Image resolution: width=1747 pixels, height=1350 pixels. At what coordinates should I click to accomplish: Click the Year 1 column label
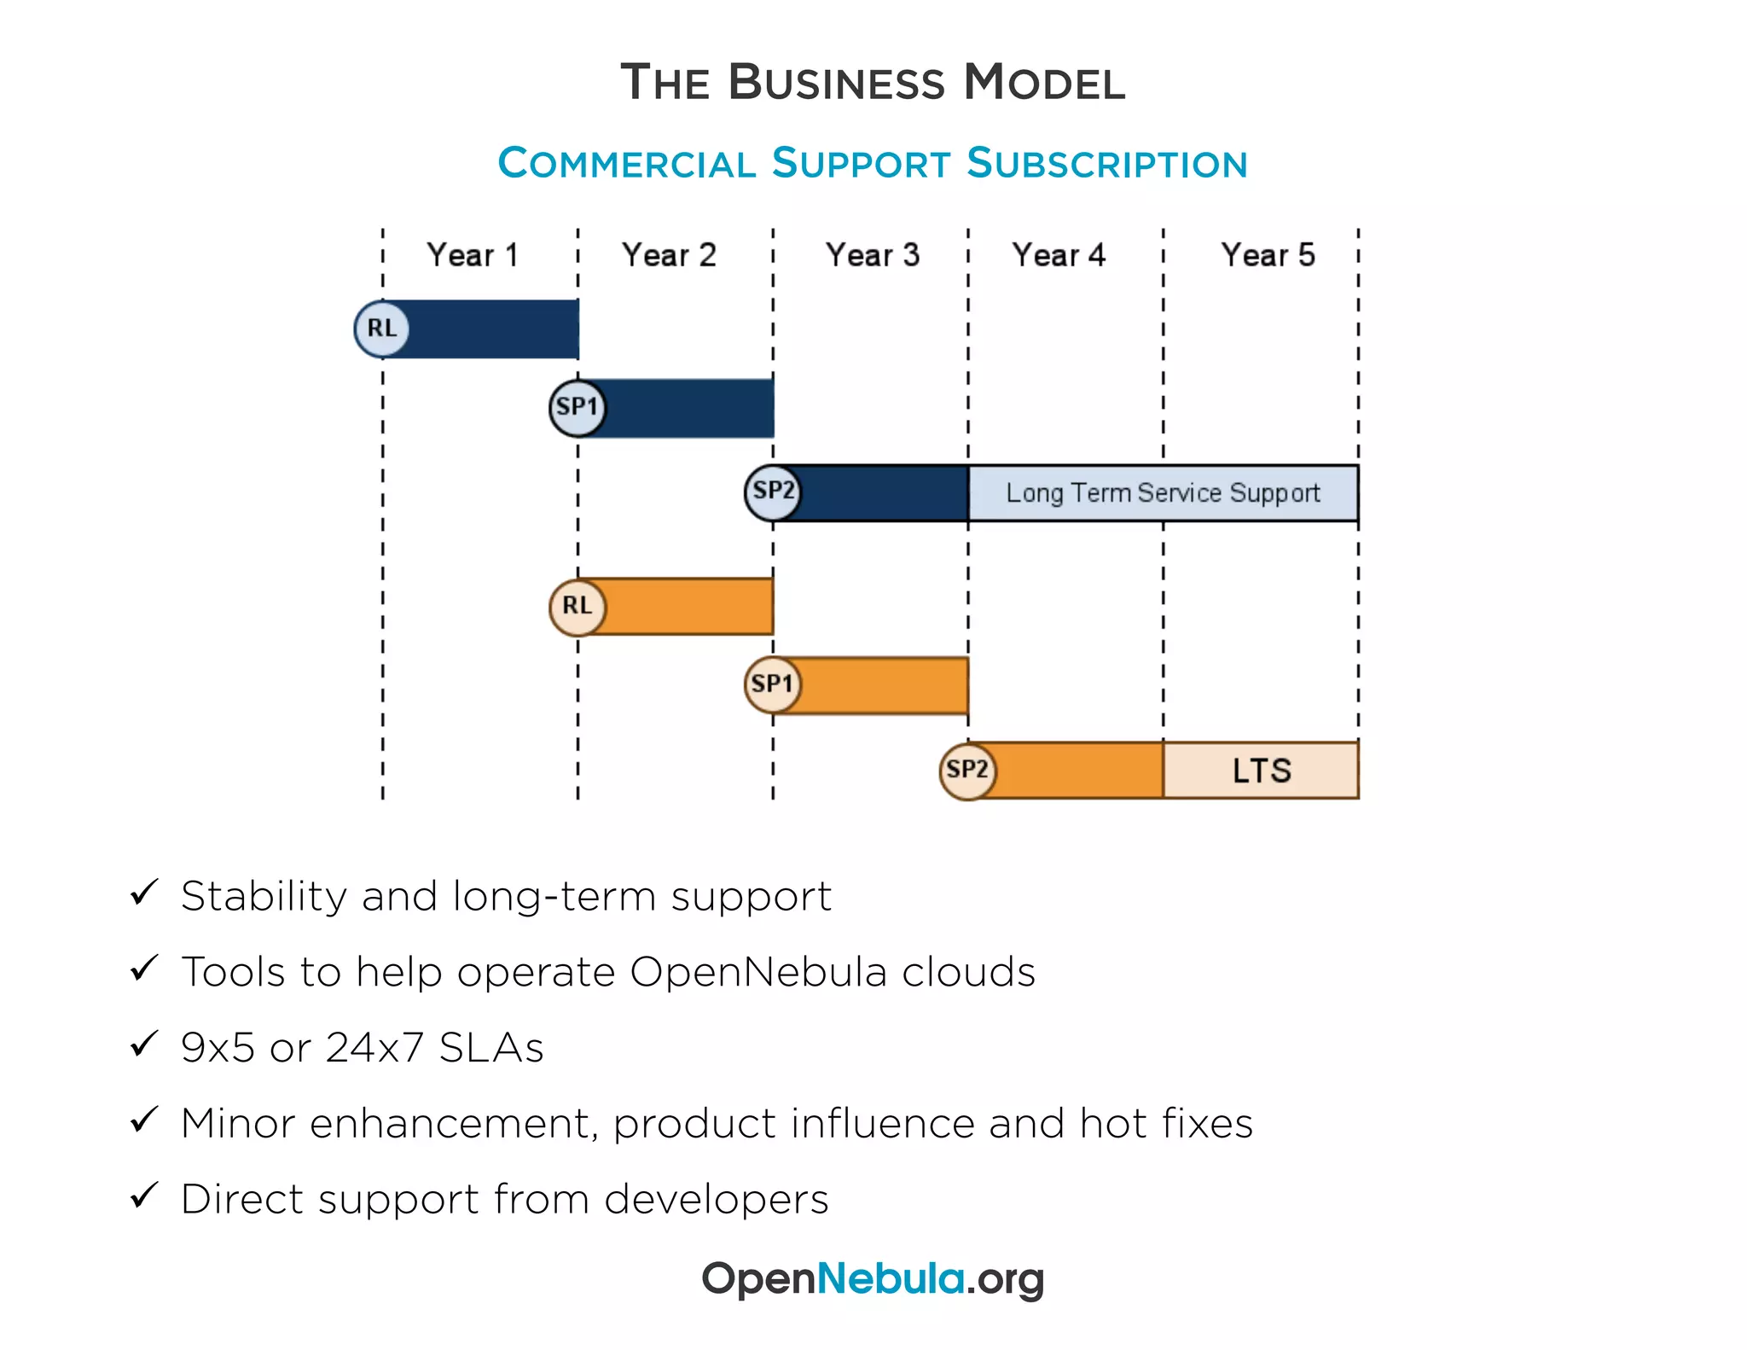[x=473, y=255]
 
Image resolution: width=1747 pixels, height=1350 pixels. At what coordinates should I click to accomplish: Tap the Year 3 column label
[x=872, y=255]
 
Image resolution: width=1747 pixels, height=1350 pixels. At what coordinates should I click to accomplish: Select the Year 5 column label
[x=1268, y=255]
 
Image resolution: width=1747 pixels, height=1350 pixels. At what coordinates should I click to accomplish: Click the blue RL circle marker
[x=381, y=329]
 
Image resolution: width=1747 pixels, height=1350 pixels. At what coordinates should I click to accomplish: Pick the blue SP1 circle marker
[x=577, y=408]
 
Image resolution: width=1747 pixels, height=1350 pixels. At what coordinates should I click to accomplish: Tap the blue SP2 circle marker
[x=773, y=492]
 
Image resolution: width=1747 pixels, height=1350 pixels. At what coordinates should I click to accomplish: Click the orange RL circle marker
[x=577, y=607]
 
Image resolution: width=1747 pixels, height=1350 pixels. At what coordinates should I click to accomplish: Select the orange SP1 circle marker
[x=773, y=684]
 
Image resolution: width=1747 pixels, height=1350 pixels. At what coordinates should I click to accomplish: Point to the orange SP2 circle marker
[x=967, y=771]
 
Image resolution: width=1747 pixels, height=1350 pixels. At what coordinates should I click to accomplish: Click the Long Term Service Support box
[x=1163, y=493]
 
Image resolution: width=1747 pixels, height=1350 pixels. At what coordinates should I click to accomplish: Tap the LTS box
[x=1261, y=771]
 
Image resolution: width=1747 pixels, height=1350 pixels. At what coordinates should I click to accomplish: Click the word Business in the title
[x=836, y=83]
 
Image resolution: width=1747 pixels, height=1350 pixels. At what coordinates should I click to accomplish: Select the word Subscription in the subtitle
[x=1106, y=163]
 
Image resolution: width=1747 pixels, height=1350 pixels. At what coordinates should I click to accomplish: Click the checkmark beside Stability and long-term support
[x=144, y=893]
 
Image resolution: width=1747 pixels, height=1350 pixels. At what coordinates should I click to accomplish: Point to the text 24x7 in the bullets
[x=374, y=1047]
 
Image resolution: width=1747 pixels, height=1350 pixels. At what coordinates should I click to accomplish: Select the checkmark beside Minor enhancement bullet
[x=144, y=1120]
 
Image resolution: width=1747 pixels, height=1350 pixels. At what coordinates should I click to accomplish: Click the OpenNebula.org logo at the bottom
[x=872, y=1278]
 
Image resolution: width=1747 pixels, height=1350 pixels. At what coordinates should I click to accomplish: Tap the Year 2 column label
[x=669, y=255]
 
